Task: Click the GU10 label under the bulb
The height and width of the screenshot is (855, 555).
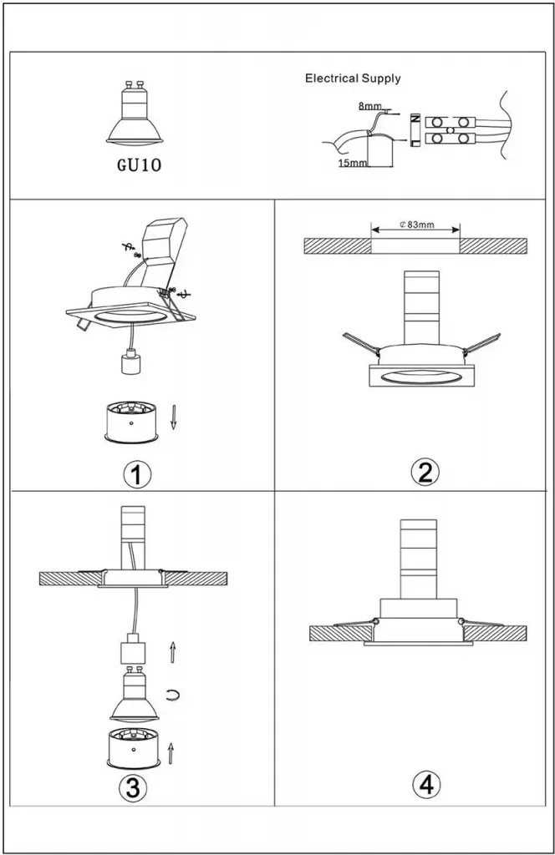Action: point(135,164)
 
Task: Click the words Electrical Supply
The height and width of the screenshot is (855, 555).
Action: point(353,78)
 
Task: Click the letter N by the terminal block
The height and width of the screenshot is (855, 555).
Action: point(415,121)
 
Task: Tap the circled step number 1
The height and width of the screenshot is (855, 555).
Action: point(137,474)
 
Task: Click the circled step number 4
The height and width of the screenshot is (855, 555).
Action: point(426,785)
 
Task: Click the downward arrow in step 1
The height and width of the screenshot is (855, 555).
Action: point(174,416)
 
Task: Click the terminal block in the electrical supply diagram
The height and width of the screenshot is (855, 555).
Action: point(452,129)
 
